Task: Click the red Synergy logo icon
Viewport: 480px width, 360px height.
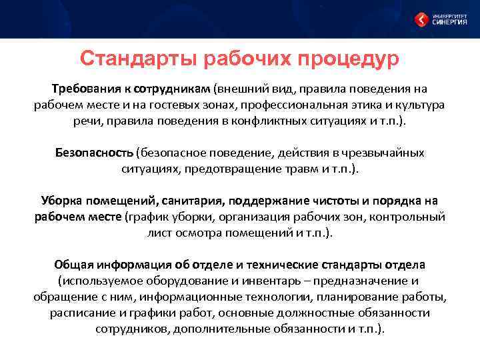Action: [x=421, y=19]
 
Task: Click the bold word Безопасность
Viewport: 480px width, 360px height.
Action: [x=94, y=153]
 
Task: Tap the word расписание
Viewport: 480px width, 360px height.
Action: [x=77, y=313]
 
